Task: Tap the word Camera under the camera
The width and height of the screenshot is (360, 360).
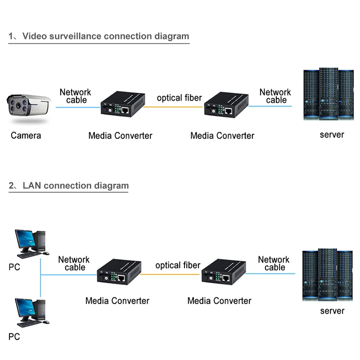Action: point(26,135)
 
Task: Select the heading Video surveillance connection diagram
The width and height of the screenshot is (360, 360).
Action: point(99,36)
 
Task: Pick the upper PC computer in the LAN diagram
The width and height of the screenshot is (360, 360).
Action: point(30,243)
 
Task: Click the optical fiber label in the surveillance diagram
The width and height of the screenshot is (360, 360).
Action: point(179,98)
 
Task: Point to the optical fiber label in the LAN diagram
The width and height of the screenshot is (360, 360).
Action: point(178,265)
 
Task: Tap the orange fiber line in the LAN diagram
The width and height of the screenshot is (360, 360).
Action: point(171,274)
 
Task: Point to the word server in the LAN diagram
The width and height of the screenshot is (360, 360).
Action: point(332,311)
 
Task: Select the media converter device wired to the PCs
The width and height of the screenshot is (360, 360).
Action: point(119,273)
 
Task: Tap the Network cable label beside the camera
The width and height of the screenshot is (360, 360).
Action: point(76,96)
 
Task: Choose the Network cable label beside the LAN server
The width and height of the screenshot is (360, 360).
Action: point(274,263)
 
